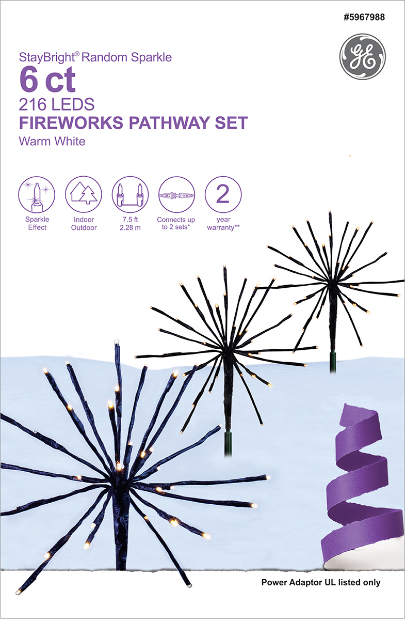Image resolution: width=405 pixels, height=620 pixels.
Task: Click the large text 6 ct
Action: click(47, 80)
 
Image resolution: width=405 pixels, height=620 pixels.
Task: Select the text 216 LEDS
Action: click(56, 105)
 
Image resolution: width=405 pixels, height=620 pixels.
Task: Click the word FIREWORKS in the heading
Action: click(69, 124)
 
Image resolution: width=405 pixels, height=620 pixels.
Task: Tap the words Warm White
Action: click(52, 141)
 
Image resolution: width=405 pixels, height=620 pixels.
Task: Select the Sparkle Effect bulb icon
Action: click(36, 195)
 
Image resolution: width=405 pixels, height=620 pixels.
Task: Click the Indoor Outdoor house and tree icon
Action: click(83, 195)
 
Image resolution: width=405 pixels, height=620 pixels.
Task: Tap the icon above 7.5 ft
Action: click(130, 195)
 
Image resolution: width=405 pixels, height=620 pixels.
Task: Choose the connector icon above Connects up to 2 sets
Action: click(176, 195)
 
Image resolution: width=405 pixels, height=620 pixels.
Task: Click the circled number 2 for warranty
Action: click(223, 195)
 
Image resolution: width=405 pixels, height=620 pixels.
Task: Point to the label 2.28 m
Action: click(130, 228)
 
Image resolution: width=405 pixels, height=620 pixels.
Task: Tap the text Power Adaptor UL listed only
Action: click(321, 583)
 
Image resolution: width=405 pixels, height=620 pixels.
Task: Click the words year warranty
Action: click(223, 224)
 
